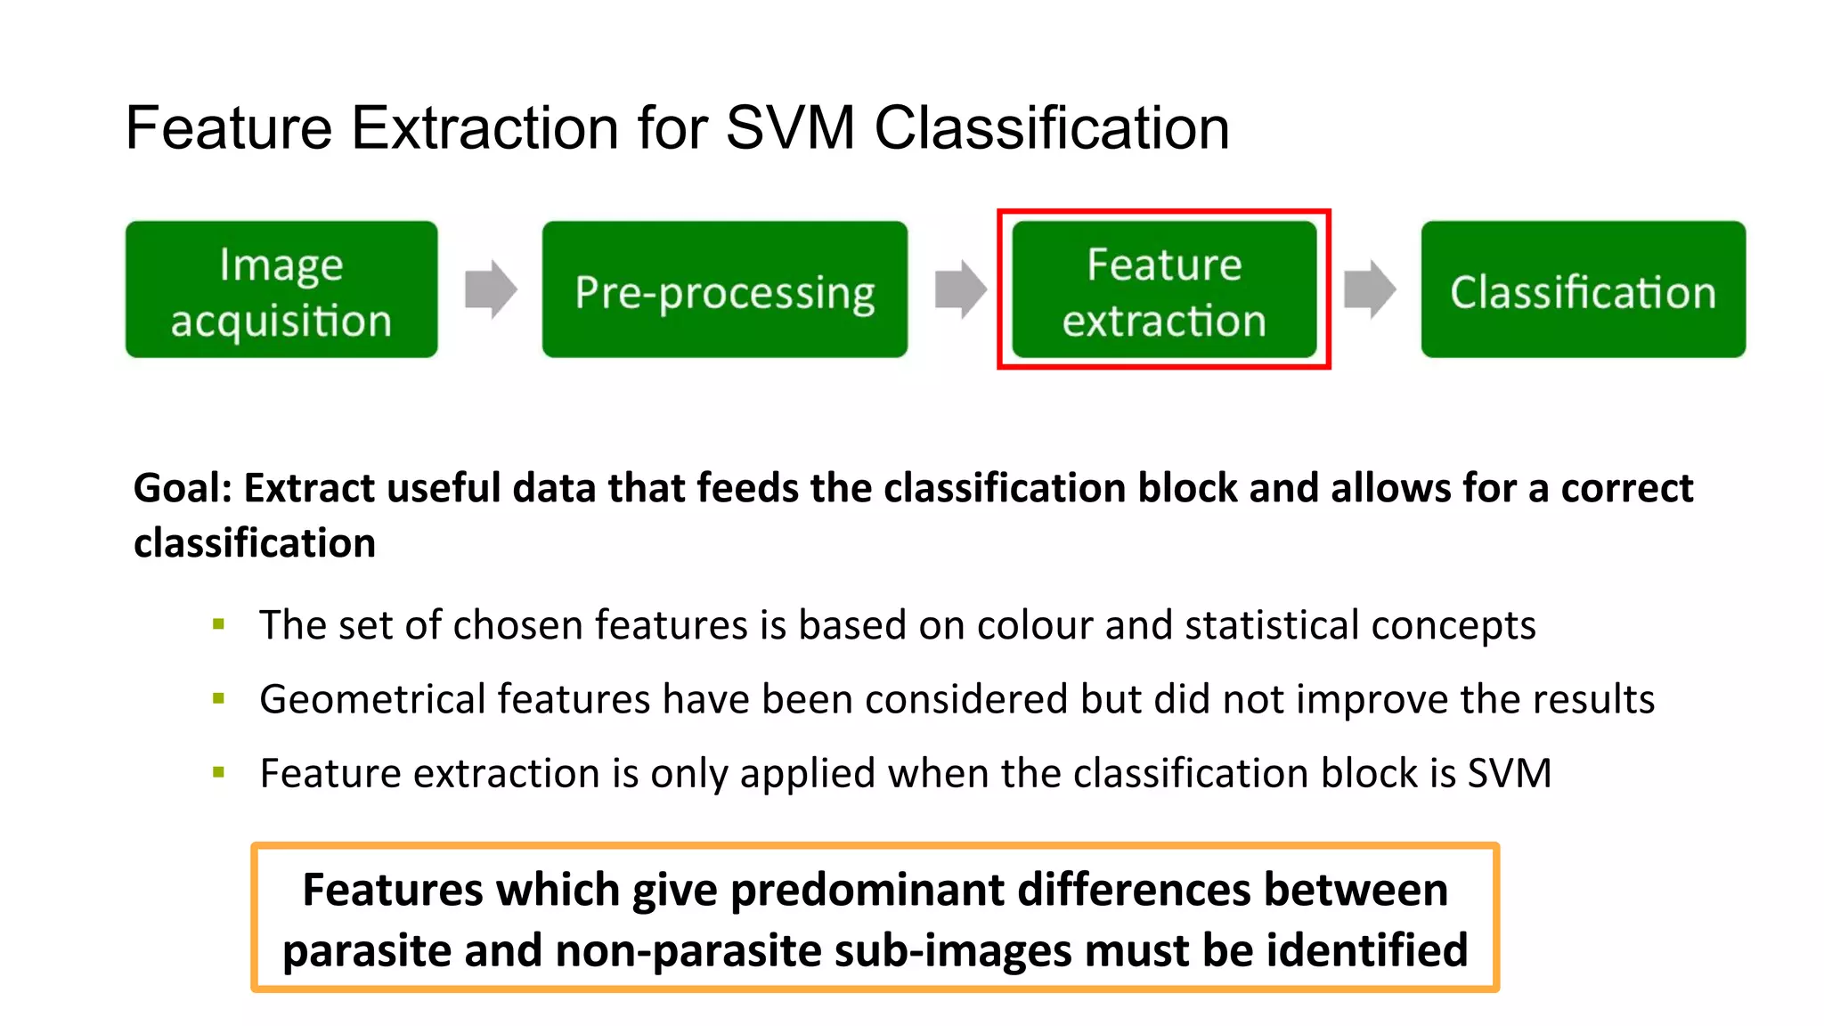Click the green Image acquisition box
click(281, 290)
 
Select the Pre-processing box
click(724, 290)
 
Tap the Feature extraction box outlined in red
click(1163, 290)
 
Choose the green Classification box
click(1583, 290)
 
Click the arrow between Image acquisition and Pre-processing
click(490, 289)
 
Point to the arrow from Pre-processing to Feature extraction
click(960, 289)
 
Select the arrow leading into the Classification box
click(1369, 289)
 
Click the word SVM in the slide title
click(790, 127)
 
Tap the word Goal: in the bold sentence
click(183, 488)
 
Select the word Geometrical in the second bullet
click(372, 699)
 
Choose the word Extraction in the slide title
click(485, 127)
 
